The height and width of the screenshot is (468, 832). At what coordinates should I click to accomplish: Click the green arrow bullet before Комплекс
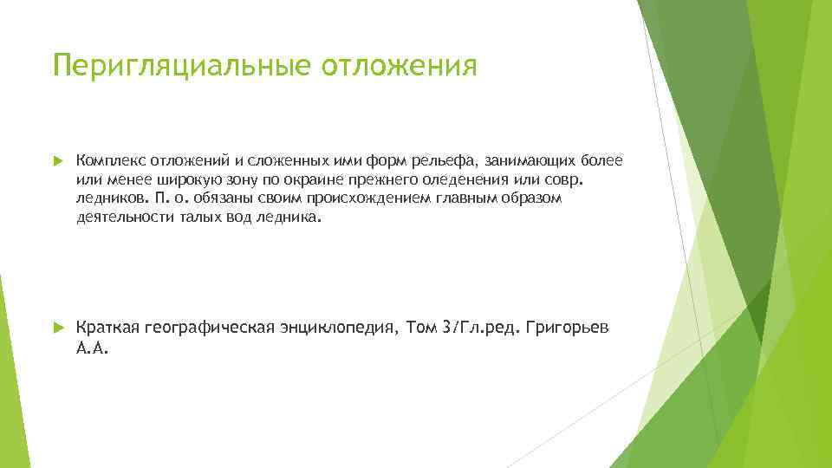tap(58, 161)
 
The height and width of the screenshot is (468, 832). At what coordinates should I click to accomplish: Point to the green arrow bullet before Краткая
tap(58, 328)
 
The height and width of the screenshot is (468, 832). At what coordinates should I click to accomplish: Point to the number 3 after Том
tap(446, 328)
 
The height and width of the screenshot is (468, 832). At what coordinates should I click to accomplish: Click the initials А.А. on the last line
tap(93, 348)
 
